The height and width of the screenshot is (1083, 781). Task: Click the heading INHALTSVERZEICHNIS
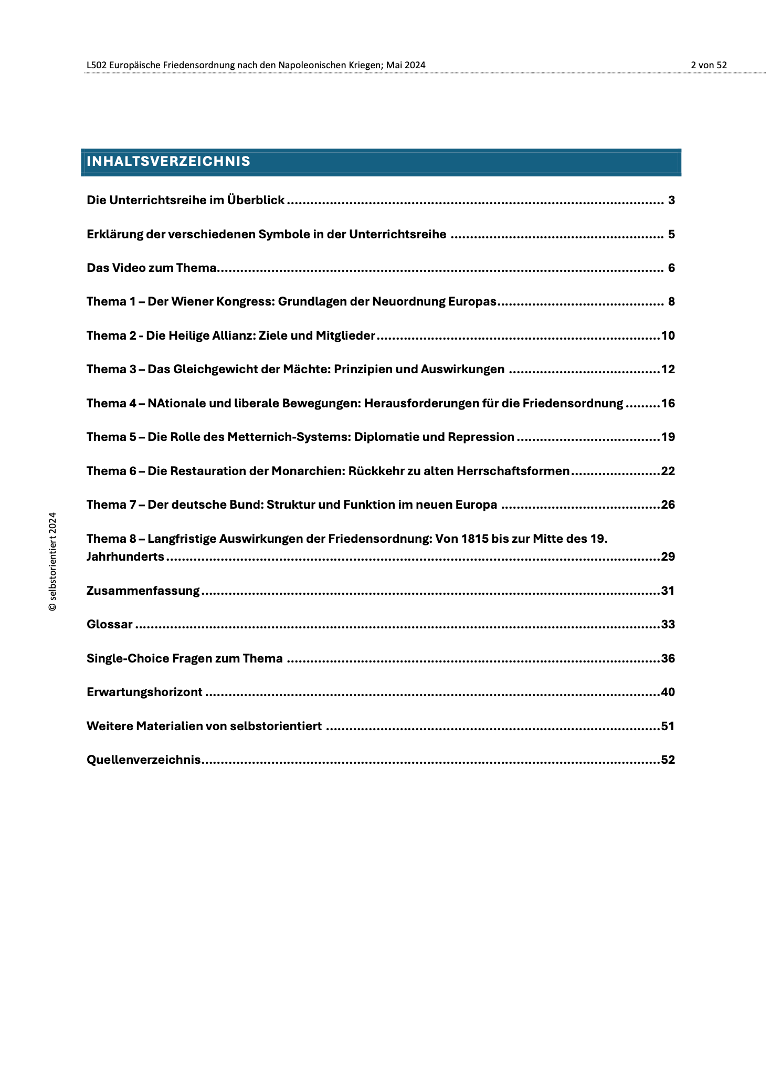168,162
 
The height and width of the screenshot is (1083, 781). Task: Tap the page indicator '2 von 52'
709,65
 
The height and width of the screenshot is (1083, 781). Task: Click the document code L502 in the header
97,65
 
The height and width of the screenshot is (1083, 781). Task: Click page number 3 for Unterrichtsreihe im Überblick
671,201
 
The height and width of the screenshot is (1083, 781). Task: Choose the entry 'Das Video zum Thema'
151,268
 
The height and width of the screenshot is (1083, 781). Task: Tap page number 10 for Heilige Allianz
668,336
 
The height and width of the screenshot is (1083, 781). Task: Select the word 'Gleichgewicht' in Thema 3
210,370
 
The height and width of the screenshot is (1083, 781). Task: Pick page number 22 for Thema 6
668,471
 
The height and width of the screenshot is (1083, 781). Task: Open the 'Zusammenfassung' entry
143,591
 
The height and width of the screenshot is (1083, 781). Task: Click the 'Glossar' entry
109,625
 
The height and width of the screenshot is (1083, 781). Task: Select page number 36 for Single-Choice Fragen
668,659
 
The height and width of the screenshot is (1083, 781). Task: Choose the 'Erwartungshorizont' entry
144,692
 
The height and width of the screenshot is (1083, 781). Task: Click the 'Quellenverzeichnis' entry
143,760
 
